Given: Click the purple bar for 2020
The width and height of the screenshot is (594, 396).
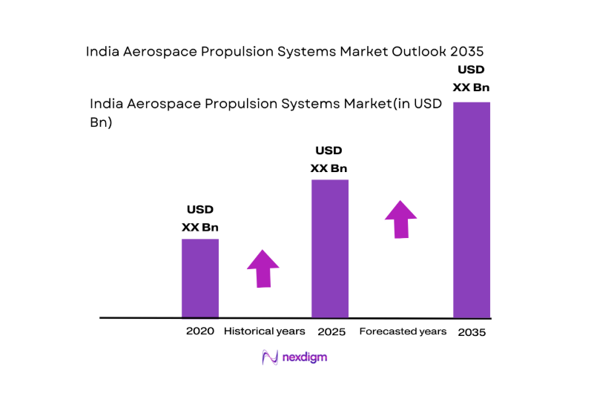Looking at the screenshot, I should pos(200,278).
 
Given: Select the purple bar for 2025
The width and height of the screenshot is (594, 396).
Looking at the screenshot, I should pos(330,248).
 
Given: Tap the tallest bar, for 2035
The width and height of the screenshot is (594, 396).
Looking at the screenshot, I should pos(472,210).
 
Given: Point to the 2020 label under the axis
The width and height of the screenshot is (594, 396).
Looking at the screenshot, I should pos(200,331).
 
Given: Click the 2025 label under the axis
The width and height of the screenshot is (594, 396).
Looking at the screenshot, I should pos(331,331).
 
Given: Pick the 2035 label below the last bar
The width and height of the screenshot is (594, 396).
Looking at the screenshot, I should pos(472,332).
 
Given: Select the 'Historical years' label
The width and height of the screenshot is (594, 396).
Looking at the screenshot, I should pos(265,331).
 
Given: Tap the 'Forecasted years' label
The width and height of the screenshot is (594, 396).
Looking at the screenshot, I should pos(403,331).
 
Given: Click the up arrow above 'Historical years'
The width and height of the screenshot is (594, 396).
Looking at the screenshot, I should pos(263,268).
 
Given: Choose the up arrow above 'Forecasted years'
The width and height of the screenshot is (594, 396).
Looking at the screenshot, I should pos(400,219).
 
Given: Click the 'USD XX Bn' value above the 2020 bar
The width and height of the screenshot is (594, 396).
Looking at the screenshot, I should pos(200,219).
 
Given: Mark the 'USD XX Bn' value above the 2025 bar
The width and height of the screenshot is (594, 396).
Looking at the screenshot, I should pos(329,159).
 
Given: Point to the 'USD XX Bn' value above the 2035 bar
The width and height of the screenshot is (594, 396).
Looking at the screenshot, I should pos(472,79).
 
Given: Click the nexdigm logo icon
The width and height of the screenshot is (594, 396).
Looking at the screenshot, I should pos(270,357).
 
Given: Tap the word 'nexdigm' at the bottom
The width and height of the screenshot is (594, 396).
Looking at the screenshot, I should pos(305,357).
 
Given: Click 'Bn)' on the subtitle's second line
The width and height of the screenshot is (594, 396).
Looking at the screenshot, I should pos(101,123).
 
